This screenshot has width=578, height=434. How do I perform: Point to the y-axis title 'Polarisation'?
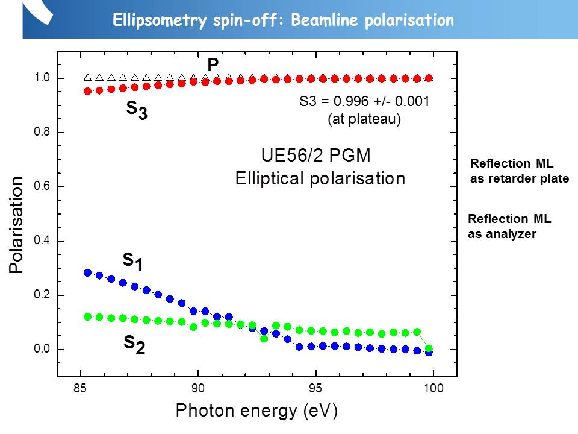click(x=16, y=225)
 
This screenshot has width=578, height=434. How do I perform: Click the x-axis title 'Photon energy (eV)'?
click(x=256, y=412)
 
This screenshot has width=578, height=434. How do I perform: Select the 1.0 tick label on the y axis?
click(x=42, y=78)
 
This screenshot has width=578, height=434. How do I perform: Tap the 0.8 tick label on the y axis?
click(x=42, y=133)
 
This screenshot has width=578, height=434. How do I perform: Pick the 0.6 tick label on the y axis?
click(x=42, y=187)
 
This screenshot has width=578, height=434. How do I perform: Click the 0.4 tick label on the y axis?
click(x=42, y=241)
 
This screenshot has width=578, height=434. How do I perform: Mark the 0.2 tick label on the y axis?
click(x=42, y=295)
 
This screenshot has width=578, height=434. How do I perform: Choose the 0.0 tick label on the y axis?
click(x=42, y=350)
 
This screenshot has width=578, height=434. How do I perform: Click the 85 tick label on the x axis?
click(x=81, y=389)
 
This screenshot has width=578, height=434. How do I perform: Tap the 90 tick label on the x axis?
click(x=198, y=389)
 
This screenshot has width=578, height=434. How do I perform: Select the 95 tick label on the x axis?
click(x=316, y=389)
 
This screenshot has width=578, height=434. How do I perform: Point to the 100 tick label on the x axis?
click(x=433, y=389)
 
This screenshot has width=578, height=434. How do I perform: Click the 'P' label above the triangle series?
click(x=213, y=64)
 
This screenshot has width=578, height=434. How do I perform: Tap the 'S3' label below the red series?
click(x=137, y=110)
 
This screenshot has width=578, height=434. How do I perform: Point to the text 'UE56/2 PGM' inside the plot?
click(x=315, y=156)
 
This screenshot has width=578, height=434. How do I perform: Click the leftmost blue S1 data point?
click(x=87, y=272)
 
